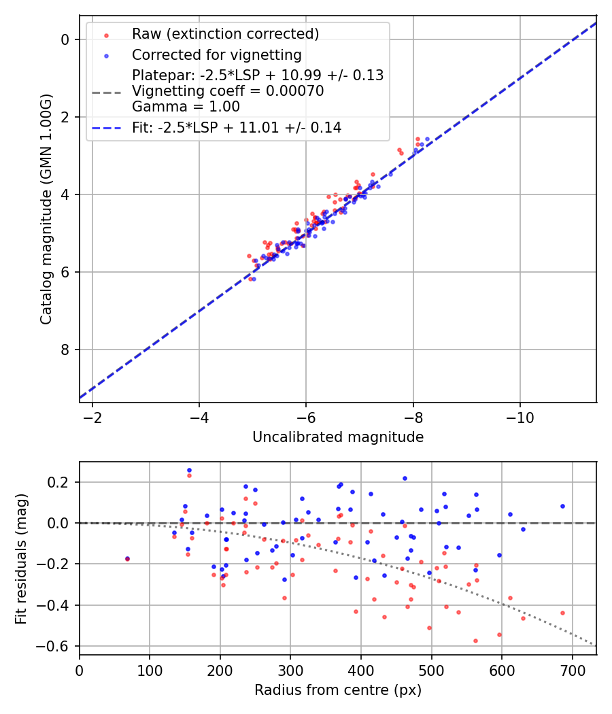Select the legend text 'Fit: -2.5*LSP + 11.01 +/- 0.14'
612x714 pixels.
tap(237, 127)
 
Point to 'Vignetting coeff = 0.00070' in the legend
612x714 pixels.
tap(228, 90)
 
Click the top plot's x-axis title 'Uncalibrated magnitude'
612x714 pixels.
tap(338, 437)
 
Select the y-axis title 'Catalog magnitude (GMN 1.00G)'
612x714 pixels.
tap(46, 208)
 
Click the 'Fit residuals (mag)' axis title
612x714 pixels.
tap(21, 558)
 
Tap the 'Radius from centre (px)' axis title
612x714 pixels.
tap(338, 690)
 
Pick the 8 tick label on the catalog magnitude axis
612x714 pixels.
tap(65, 350)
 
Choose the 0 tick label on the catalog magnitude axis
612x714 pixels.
tap(65, 39)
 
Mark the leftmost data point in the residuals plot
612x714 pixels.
tap(127, 559)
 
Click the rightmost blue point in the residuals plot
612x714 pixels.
tap(562, 506)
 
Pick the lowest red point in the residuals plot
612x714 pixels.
tap(475, 641)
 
